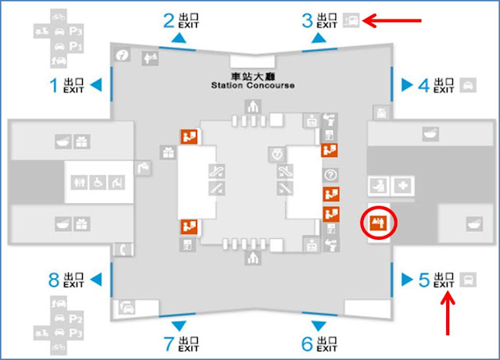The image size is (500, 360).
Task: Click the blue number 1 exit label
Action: coord(54,84)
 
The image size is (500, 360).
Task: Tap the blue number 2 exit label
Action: coord(167,21)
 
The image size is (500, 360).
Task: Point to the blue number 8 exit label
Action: coord(54,279)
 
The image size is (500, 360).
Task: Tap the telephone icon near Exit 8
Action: coord(122,250)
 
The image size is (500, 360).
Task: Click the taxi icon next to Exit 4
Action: coord(468,84)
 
